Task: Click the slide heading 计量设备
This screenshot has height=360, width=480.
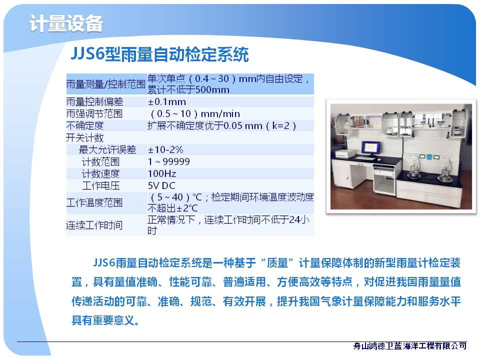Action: (x=66, y=23)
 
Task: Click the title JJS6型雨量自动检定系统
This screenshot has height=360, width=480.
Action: (x=159, y=54)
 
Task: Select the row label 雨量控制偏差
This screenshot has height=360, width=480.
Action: (x=94, y=101)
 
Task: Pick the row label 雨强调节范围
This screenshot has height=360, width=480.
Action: (x=94, y=113)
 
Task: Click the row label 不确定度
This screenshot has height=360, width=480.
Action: (x=85, y=125)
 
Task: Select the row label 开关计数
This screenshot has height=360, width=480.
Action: (x=85, y=138)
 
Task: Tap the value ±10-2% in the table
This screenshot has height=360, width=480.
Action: (x=165, y=149)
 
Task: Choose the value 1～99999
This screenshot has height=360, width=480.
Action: (x=168, y=161)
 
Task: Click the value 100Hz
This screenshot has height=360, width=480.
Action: (x=162, y=174)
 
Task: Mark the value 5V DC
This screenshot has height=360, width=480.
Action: (x=161, y=186)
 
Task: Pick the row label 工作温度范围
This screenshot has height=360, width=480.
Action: (x=94, y=202)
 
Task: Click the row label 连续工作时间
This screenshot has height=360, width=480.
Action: (x=94, y=225)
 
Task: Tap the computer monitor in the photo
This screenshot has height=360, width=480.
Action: (x=370, y=148)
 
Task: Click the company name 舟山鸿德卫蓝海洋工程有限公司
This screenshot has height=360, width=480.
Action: (x=410, y=346)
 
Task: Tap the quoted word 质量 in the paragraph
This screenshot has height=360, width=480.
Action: (x=277, y=262)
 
